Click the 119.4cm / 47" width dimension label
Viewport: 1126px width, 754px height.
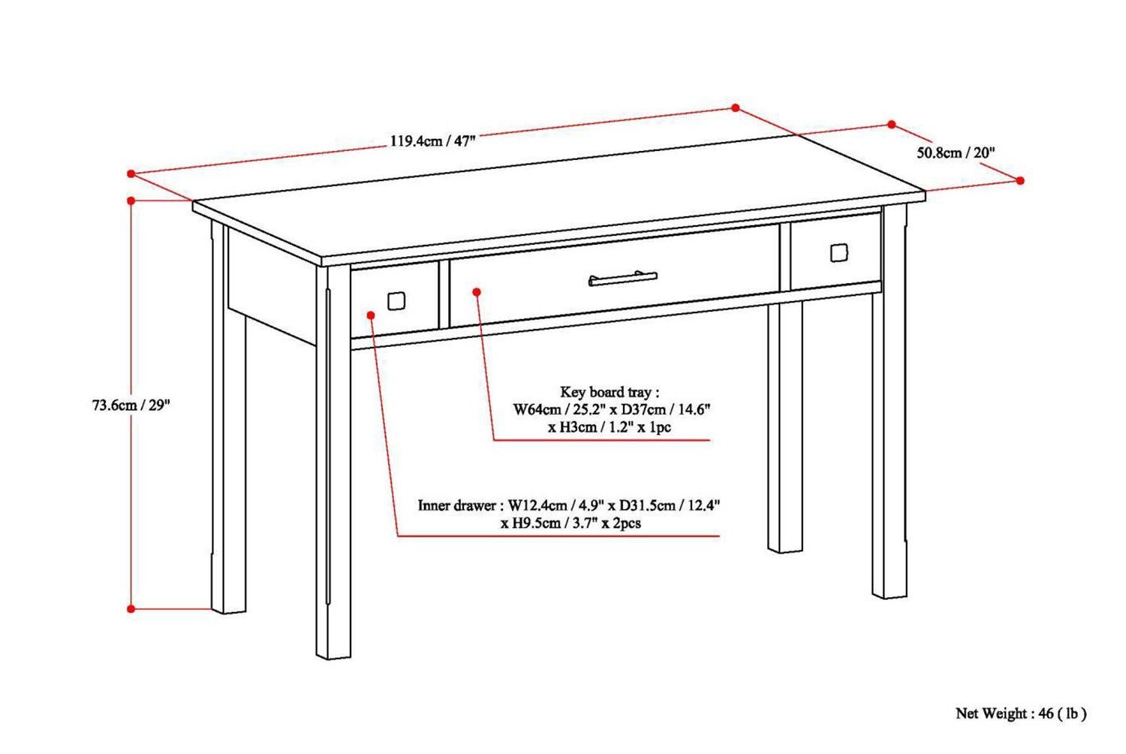coord(432,140)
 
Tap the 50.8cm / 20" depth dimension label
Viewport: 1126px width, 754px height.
coord(956,152)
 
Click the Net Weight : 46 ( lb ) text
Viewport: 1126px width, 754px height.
coord(1020,713)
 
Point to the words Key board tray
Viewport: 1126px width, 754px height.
coord(608,392)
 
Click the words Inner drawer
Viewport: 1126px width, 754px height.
coord(456,505)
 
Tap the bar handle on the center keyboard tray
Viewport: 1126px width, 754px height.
coord(622,279)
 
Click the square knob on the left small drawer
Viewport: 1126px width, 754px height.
coord(396,301)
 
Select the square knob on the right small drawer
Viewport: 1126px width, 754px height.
coord(838,253)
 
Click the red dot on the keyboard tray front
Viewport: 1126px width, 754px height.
coord(476,293)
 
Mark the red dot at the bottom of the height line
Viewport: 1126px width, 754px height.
coord(131,609)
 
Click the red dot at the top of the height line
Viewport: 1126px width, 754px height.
coord(131,201)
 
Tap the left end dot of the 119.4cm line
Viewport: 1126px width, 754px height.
coord(131,173)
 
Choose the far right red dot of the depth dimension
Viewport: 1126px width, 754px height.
coord(1020,180)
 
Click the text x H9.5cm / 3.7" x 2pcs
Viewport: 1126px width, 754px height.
coord(571,523)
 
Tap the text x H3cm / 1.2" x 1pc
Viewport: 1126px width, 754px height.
coord(609,427)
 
